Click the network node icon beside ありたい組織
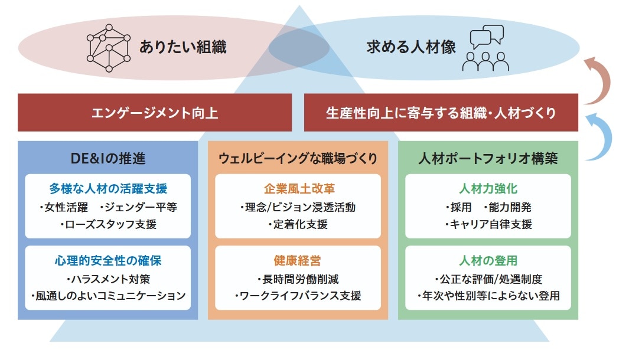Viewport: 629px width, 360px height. (109, 48)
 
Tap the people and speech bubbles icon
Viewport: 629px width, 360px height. (486, 48)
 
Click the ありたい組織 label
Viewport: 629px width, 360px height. (182, 48)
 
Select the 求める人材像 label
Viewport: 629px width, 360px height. (411, 48)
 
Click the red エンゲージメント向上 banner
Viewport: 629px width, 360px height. (155, 113)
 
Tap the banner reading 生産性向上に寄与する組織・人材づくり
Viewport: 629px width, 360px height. (441, 113)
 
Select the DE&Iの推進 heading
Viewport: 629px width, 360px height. (107, 158)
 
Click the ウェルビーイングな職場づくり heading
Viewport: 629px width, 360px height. (298, 158)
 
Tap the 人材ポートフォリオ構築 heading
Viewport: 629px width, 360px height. (488, 158)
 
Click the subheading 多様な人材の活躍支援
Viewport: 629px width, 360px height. (108, 189)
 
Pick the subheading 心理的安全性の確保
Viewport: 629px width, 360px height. (108, 260)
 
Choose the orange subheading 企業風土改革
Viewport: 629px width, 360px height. (298, 189)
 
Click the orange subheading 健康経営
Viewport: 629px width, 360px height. (298, 260)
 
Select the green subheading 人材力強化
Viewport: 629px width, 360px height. (488, 189)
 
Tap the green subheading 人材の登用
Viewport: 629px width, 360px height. (488, 260)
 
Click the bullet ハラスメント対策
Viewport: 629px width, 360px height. (108, 279)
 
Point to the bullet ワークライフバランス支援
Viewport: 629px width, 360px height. (298, 296)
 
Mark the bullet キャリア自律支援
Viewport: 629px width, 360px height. (488, 224)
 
